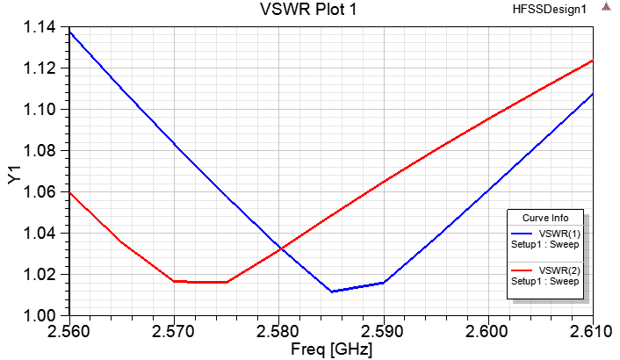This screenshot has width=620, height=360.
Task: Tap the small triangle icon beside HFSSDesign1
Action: pos(606,9)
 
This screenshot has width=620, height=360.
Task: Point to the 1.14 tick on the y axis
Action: pos(38,27)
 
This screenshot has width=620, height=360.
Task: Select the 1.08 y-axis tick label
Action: pos(38,151)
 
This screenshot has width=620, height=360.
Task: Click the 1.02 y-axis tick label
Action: pos(38,274)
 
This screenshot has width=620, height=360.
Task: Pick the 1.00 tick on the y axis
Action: pos(38,314)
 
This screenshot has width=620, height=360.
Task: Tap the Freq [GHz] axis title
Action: pos(331,349)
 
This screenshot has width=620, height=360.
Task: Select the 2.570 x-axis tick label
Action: pos(174,331)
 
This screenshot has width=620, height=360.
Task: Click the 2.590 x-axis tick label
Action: pos(384,331)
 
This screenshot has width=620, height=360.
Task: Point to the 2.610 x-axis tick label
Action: pos(594,331)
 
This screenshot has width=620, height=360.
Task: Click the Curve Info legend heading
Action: pos(545,218)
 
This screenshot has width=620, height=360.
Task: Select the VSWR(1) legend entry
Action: pos(559,234)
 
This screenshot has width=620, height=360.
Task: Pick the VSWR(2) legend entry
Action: pos(559,270)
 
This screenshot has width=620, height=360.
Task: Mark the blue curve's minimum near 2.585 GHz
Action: pos(331,292)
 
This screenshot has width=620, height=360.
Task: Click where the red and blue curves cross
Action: pos(280,249)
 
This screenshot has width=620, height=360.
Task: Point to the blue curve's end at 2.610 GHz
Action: pos(593,94)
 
